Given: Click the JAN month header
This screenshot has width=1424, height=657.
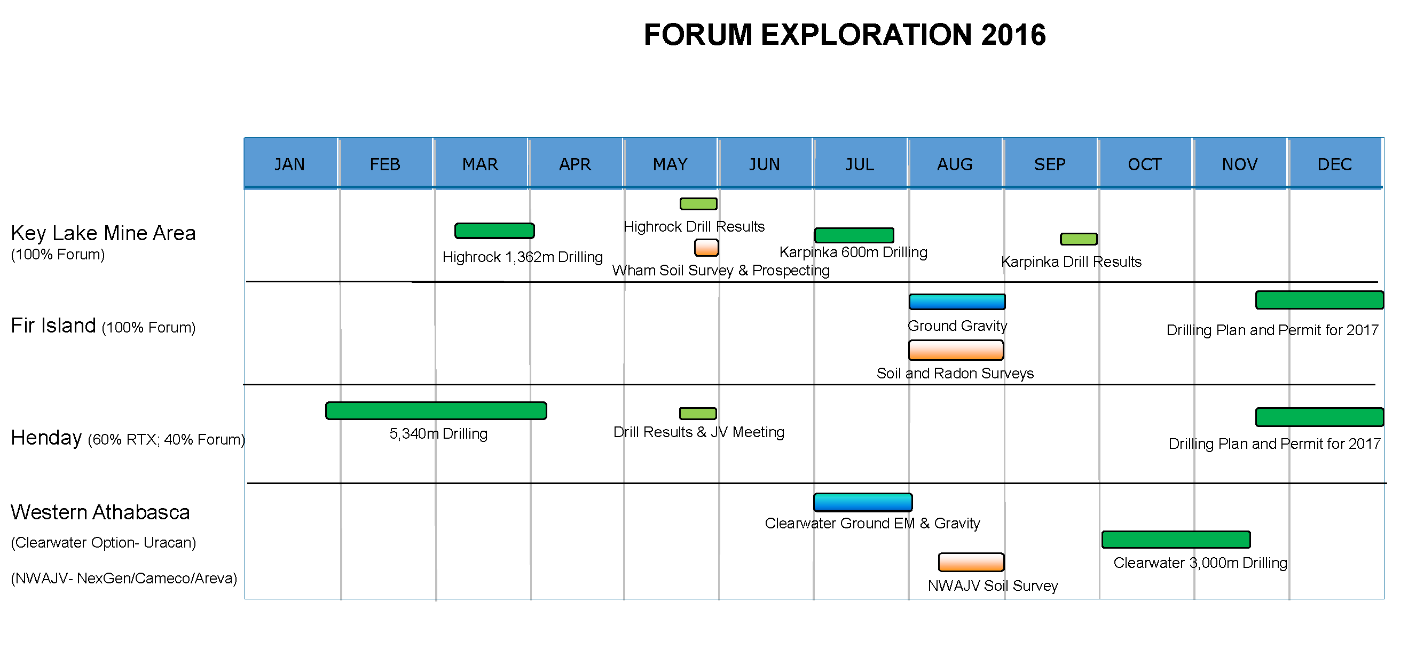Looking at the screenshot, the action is coord(290,164).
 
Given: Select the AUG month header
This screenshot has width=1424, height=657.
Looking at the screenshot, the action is coord(955,164).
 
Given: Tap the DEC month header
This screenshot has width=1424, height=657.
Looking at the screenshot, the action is coord(1334,164).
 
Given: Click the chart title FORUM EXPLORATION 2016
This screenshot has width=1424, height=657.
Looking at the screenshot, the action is coord(845,35).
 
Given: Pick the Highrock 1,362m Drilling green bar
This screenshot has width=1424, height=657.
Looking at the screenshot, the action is coord(494,231).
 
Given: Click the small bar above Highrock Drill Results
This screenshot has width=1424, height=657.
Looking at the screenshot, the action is coord(698,204).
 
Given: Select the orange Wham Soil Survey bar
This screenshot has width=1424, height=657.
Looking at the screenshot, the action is coord(706,248).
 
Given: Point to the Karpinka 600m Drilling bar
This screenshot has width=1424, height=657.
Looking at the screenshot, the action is coord(854,235).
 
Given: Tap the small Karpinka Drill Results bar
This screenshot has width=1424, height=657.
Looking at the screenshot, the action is coord(1079,239).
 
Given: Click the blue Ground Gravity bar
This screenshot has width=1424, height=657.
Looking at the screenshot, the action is coord(957,302).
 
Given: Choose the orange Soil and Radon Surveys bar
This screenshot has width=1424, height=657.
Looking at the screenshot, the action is coord(956,350).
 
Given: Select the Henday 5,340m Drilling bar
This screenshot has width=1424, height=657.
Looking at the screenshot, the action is coord(436,410).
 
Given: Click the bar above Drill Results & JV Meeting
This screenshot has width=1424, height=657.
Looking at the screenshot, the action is coord(698,413).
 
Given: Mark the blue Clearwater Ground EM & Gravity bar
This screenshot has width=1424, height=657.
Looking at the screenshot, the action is coord(863,502).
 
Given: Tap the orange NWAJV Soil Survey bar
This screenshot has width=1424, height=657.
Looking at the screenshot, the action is coord(971,562).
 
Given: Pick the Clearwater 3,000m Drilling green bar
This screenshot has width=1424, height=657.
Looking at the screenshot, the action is coord(1176,539).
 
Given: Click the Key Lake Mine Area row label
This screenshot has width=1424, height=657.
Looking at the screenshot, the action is coord(104,233).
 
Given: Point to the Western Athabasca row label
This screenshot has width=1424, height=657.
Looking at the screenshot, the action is coord(100,512).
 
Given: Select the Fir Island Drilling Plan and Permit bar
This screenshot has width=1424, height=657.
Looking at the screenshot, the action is coord(1319,299).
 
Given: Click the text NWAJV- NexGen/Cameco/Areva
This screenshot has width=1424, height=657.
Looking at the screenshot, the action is coord(124,578).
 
